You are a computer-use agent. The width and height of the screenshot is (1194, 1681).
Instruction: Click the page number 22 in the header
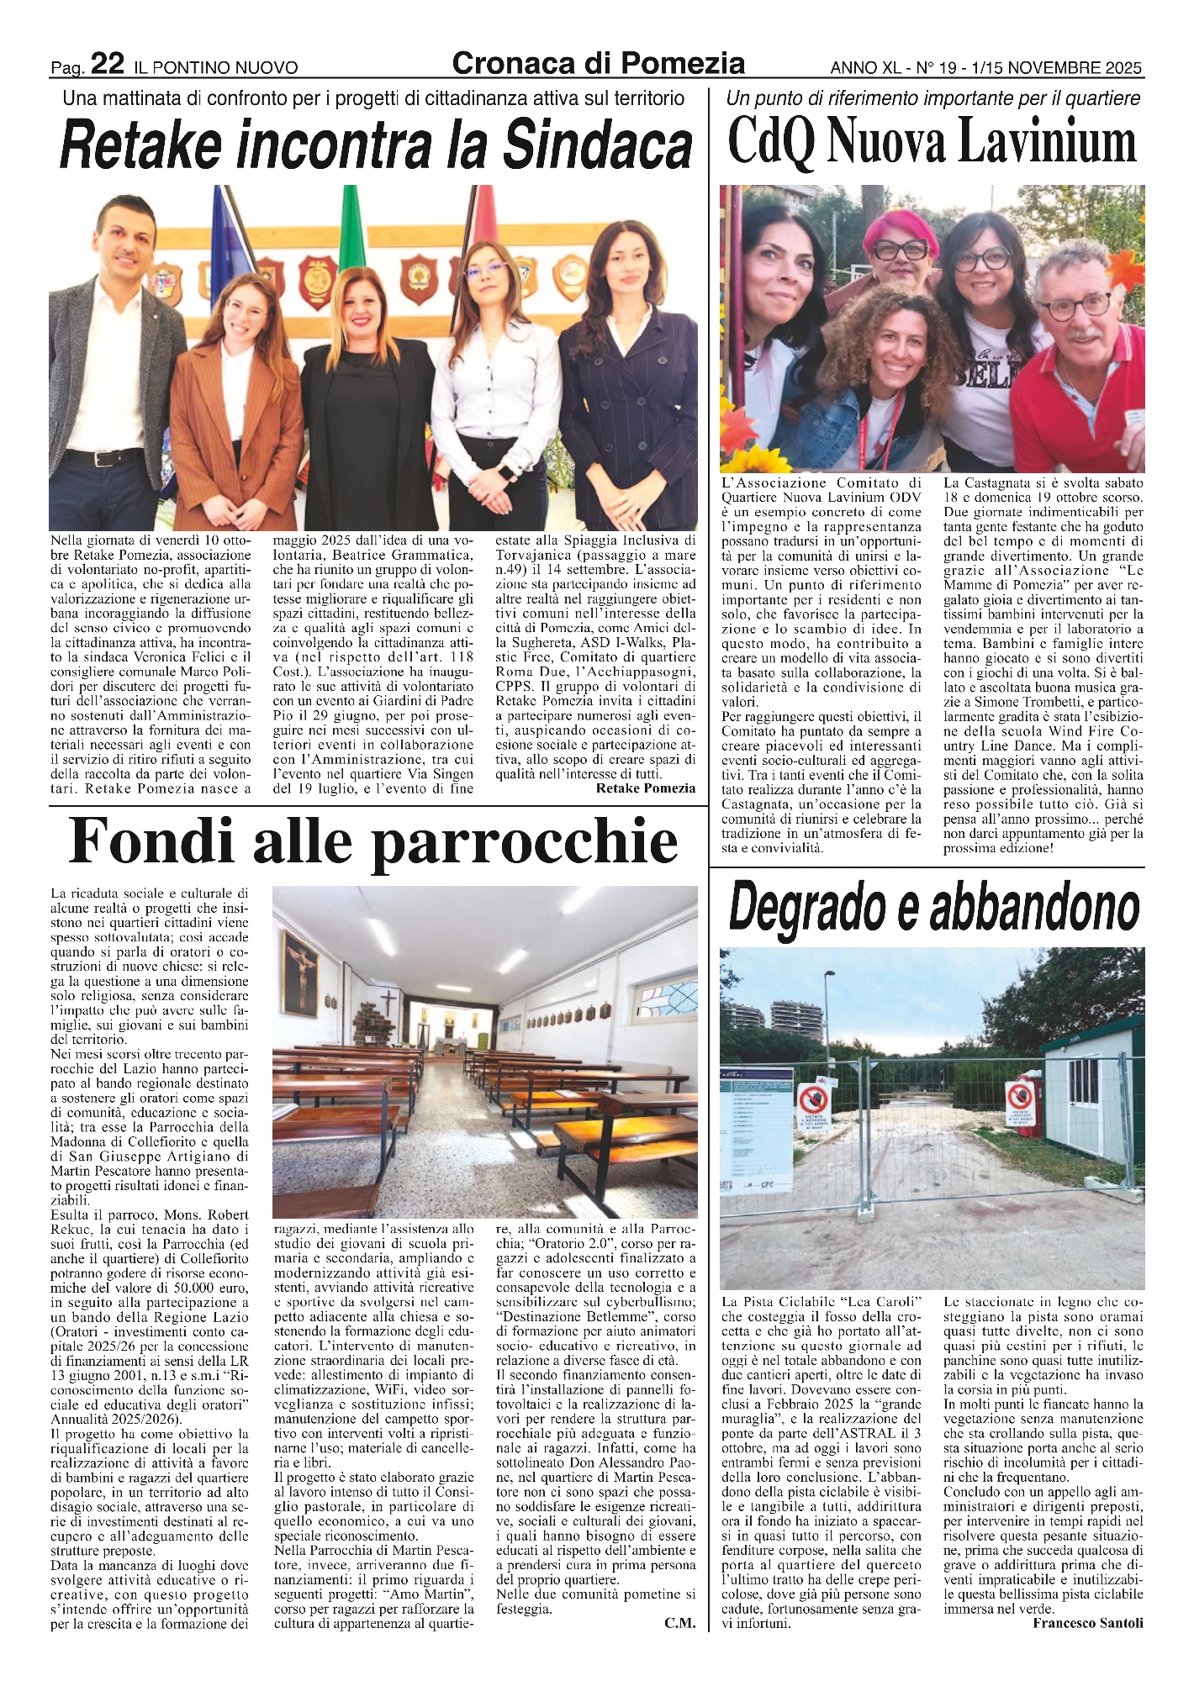coord(108,64)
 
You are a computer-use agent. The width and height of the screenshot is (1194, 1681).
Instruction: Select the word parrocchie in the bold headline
coord(525,842)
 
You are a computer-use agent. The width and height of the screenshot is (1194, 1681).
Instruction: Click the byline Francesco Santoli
coord(1088,1623)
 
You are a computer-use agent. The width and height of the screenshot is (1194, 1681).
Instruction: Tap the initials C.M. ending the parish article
coord(680,1623)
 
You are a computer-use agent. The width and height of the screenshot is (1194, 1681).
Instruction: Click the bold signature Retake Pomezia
coord(645,788)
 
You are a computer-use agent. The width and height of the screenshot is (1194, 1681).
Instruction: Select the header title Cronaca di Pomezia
coord(598,63)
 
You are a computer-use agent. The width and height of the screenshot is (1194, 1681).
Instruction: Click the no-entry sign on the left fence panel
coord(812,1099)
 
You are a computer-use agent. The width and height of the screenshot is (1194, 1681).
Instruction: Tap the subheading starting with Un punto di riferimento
coord(932,98)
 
